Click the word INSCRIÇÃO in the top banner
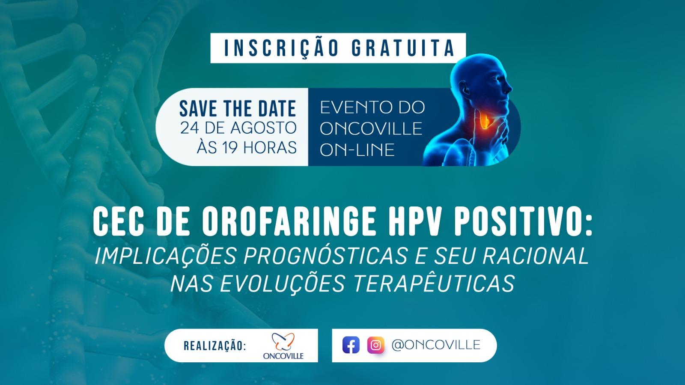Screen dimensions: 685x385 pos(281,48)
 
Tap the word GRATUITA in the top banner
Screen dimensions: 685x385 pos(403,48)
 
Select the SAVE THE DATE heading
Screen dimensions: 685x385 pos(238,108)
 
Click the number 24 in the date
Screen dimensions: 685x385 pos(189,128)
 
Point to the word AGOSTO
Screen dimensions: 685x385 pos(263,128)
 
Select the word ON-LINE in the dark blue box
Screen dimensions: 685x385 pos(357,150)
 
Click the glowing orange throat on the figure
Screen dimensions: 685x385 pos(484,121)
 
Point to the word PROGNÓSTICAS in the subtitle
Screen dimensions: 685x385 pos(326,256)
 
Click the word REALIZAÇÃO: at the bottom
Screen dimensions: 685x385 pos(215,346)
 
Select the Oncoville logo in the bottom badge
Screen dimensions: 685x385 pos(283,346)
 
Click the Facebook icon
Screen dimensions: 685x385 pos(351,345)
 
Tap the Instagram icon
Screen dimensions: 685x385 pos(376,345)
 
